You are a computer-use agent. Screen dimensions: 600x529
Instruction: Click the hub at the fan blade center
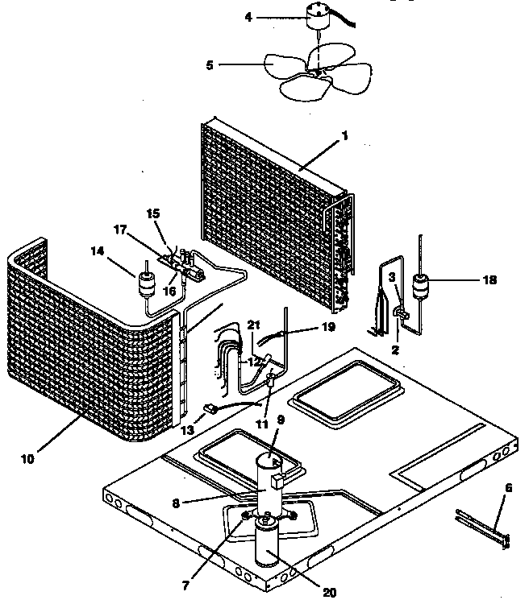(x=318, y=72)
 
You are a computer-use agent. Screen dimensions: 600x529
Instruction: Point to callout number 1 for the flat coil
(x=344, y=136)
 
